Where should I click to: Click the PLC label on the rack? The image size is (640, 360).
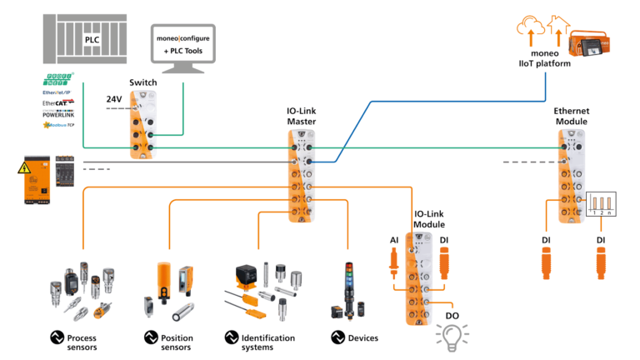pos(92,38)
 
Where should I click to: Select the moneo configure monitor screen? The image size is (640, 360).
pos(182,44)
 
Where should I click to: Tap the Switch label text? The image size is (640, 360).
pos(143,82)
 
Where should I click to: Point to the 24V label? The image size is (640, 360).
pos(114,99)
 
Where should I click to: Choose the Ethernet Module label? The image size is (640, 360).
pos(571,116)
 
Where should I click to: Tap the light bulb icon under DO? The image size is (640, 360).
pos(452,334)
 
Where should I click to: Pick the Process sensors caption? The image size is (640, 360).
pos(84,342)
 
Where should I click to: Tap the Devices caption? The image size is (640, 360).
pos(362,337)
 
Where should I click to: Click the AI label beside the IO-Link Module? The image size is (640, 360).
pos(394,241)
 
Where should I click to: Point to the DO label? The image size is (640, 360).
pos(452,316)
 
